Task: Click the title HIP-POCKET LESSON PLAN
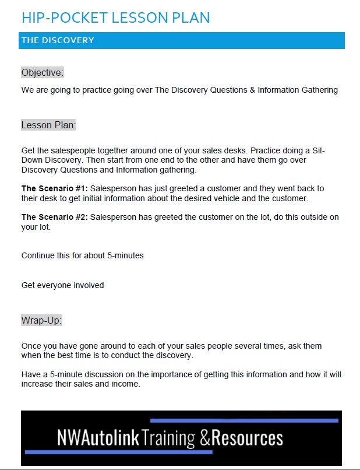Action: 115,17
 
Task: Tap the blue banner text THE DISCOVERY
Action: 58,40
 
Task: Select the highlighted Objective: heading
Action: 43,72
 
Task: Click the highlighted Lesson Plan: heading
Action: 49,125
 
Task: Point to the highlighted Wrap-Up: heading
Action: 41,320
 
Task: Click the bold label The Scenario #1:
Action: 54,188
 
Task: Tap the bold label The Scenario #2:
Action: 54,218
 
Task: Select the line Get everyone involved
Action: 62,285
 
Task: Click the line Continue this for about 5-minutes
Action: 82,255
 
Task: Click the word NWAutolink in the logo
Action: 98,438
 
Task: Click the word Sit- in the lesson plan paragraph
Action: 315,150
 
